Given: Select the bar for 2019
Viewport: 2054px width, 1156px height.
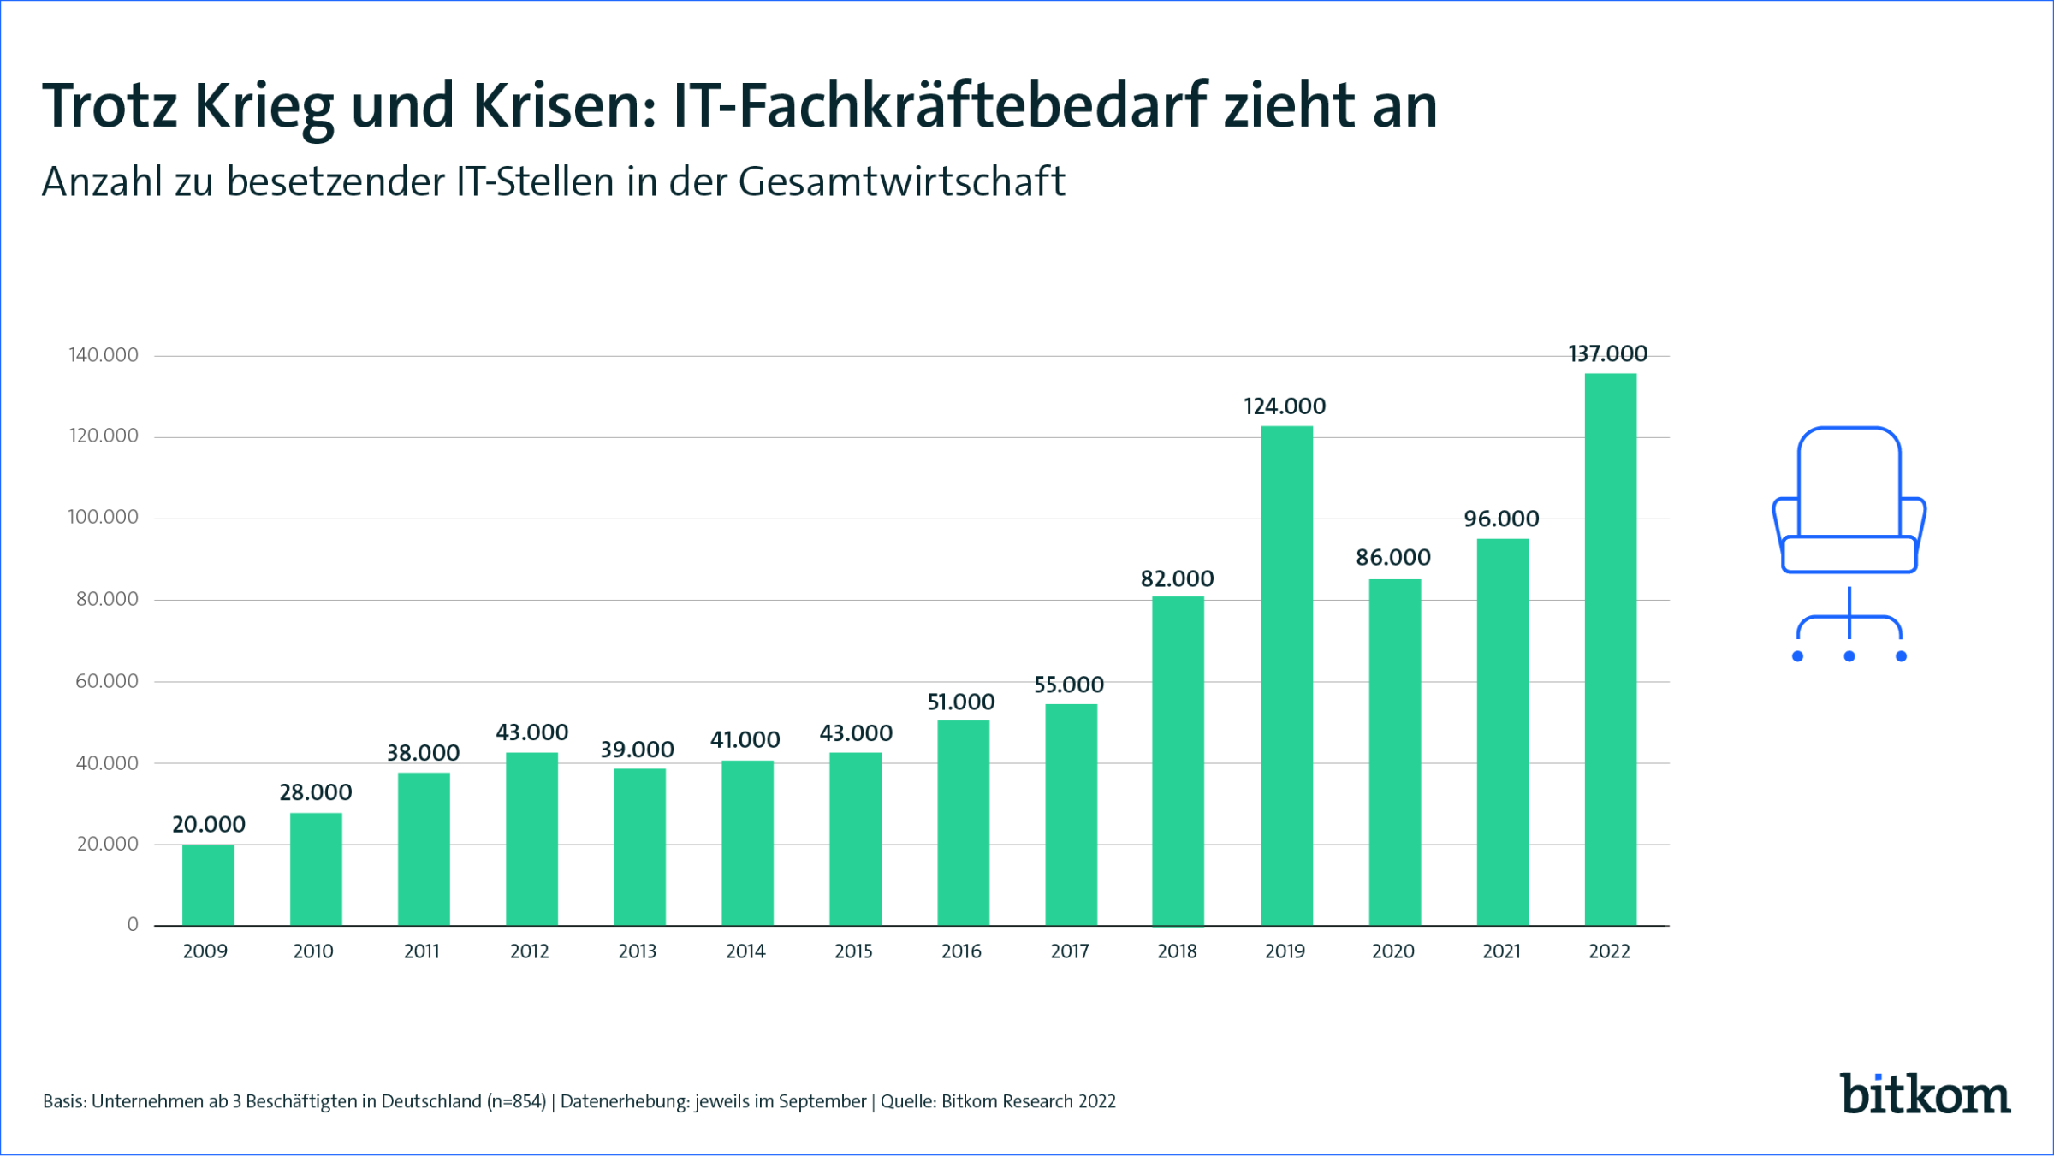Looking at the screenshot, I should (1286, 676).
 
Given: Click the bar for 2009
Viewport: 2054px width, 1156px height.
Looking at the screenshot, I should (208, 885).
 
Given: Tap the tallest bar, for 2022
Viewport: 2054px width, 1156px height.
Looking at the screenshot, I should (1610, 649).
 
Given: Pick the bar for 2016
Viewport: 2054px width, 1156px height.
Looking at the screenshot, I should (963, 822).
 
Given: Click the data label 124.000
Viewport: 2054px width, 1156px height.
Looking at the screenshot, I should (1284, 406).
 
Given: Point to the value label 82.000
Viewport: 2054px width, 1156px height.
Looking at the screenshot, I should (1177, 579).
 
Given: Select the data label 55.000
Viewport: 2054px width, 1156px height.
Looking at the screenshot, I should (1069, 685).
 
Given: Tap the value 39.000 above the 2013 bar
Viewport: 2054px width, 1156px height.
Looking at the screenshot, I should (637, 750).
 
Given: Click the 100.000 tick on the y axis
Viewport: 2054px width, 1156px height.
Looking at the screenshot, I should (103, 517).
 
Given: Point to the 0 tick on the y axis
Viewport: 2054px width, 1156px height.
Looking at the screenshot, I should (133, 924).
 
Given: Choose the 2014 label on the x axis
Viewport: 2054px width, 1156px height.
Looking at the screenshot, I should (745, 951).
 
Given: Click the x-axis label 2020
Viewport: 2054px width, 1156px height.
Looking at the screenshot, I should (1392, 951).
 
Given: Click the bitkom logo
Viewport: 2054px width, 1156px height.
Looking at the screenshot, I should (1925, 1094).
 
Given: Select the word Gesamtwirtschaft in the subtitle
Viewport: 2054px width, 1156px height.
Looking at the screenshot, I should (901, 182).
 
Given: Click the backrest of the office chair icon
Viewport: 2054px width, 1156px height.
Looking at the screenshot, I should (1849, 479).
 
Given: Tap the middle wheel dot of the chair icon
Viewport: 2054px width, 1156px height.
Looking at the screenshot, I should (1849, 656).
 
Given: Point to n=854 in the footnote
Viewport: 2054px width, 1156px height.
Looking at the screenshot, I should (516, 1102).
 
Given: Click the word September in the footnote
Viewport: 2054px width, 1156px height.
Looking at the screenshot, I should (822, 1102).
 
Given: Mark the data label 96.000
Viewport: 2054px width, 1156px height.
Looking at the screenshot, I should (1501, 519).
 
